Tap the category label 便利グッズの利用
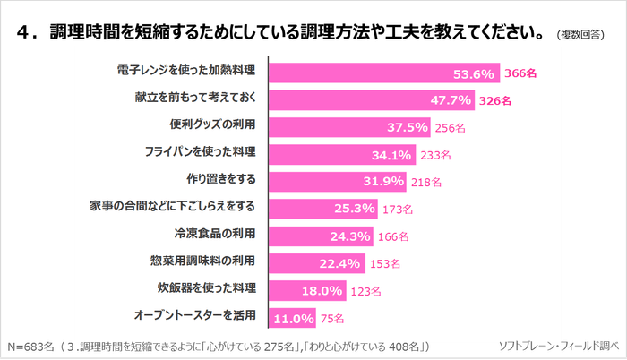(x=213, y=126)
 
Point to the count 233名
(x=435, y=155)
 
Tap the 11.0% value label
(x=294, y=318)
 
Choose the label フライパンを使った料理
(x=201, y=153)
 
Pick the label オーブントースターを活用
(x=195, y=315)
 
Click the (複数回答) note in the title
(x=580, y=35)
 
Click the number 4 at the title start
(x=23, y=34)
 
